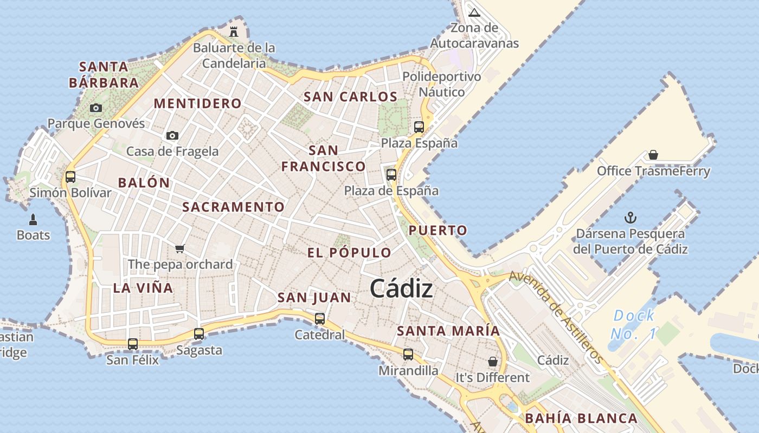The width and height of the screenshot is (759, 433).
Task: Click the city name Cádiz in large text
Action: pyautogui.click(x=401, y=288)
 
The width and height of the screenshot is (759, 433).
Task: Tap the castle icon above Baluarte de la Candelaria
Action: pyautogui.click(x=234, y=31)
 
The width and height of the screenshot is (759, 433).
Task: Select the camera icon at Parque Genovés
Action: pyautogui.click(x=96, y=108)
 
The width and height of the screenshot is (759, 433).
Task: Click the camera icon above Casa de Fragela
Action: pyautogui.click(x=172, y=135)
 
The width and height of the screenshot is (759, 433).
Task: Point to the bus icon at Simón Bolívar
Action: pyautogui.click(x=70, y=176)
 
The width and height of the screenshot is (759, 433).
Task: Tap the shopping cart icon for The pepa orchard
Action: pyautogui.click(x=180, y=248)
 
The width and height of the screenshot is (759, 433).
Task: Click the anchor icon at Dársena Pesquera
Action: pyautogui.click(x=631, y=218)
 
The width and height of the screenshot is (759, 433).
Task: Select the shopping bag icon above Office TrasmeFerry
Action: pyautogui.click(x=653, y=155)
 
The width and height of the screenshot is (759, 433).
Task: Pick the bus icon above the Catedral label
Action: pyautogui.click(x=320, y=318)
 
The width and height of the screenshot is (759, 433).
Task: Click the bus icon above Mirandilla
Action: pyautogui.click(x=408, y=355)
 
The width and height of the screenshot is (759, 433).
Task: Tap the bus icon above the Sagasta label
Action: pyautogui.click(x=199, y=333)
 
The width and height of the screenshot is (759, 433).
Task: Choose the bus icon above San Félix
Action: pyautogui.click(x=133, y=344)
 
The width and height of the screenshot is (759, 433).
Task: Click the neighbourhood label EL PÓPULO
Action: pyautogui.click(x=349, y=253)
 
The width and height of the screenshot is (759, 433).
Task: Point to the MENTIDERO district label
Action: pyautogui.click(x=198, y=103)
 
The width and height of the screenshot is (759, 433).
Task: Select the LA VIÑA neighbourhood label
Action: pyautogui.click(x=143, y=288)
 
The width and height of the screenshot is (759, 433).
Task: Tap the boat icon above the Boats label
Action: pyautogui.click(x=33, y=219)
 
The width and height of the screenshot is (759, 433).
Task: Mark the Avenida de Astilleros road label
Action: pyautogui.click(x=556, y=317)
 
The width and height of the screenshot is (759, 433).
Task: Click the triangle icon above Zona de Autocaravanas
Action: pyautogui.click(x=474, y=12)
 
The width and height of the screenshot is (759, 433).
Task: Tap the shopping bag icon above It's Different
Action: pyautogui.click(x=493, y=361)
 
